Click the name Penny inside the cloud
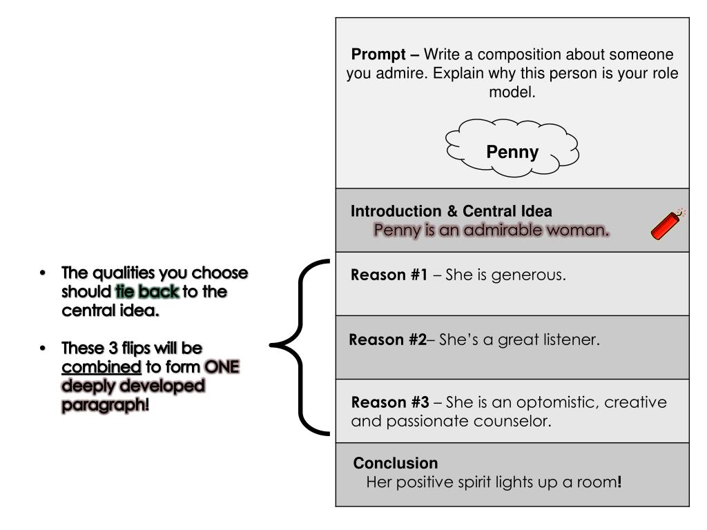pyautogui.click(x=512, y=153)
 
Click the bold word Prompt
pyautogui.click(x=379, y=55)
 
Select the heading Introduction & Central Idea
pyautogui.click(x=451, y=212)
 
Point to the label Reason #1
pyautogui.click(x=389, y=275)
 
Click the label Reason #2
pyautogui.click(x=388, y=340)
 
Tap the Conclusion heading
pyautogui.click(x=396, y=463)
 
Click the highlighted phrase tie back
pyautogui.click(x=148, y=292)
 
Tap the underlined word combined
pyautogui.click(x=101, y=366)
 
